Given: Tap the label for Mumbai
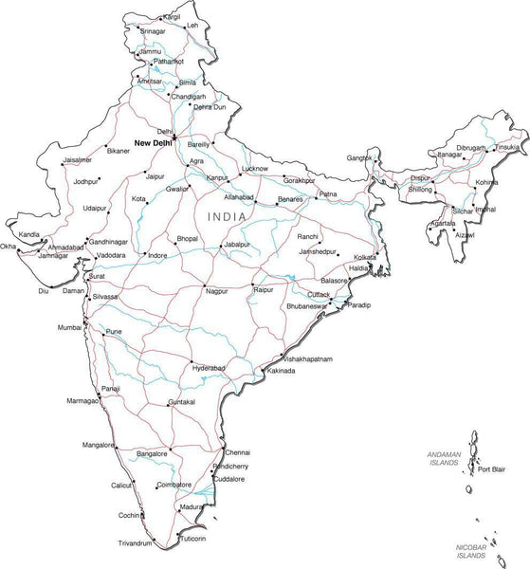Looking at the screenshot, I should [x=69, y=327].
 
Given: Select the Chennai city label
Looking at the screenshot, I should [x=238, y=452].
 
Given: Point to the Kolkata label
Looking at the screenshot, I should [x=365, y=257].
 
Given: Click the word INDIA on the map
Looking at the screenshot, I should [x=231, y=217].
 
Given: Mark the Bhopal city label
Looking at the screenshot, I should [x=188, y=238].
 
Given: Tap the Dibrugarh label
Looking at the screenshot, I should [x=471, y=149].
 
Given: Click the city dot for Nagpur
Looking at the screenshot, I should [x=203, y=285].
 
